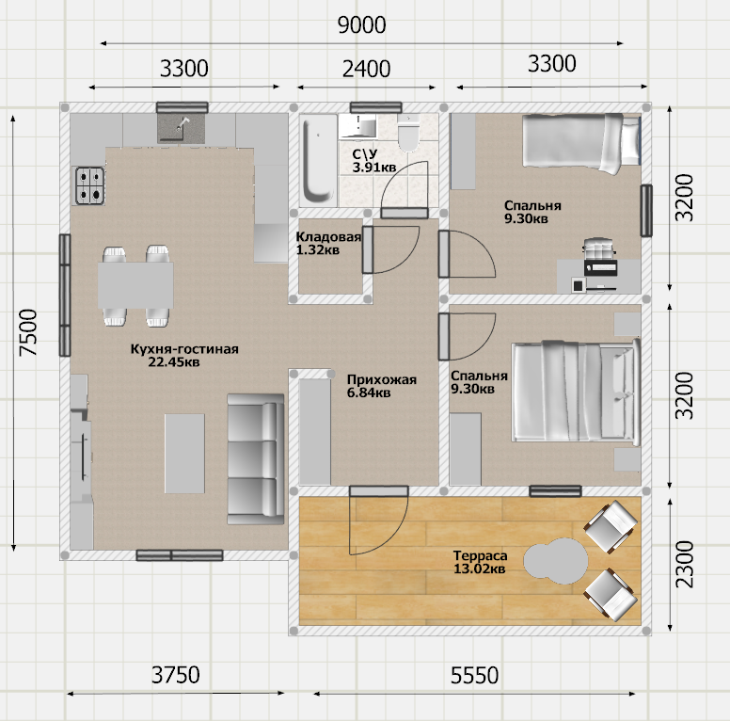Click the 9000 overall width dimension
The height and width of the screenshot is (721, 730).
tap(362, 25)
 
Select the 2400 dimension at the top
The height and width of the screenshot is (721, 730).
tap(366, 69)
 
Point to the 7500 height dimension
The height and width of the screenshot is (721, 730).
tap(28, 332)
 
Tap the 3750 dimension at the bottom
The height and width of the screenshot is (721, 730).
tap(176, 675)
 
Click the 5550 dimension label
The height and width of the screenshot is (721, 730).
tap(474, 676)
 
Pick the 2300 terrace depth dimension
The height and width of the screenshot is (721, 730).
tap(685, 564)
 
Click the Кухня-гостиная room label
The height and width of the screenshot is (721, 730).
tap(184, 349)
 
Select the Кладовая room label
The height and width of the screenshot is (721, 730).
tap(328, 236)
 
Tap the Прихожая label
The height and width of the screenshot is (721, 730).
tap(382, 379)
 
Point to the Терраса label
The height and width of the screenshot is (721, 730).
tap(481, 555)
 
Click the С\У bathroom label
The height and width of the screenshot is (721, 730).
tap(365, 153)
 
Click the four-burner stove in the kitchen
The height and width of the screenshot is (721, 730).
tap(90, 185)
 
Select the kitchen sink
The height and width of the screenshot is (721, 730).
tap(182, 128)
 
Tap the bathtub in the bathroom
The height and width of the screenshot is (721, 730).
tap(319, 160)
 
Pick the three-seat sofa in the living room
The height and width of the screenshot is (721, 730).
tap(256, 459)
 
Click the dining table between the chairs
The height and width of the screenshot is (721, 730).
tap(135, 285)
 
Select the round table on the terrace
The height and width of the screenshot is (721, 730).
tap(556, 561)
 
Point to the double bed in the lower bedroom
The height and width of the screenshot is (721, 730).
tap(576, 391)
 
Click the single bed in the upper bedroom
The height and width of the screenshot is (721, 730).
tap(581, 143)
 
